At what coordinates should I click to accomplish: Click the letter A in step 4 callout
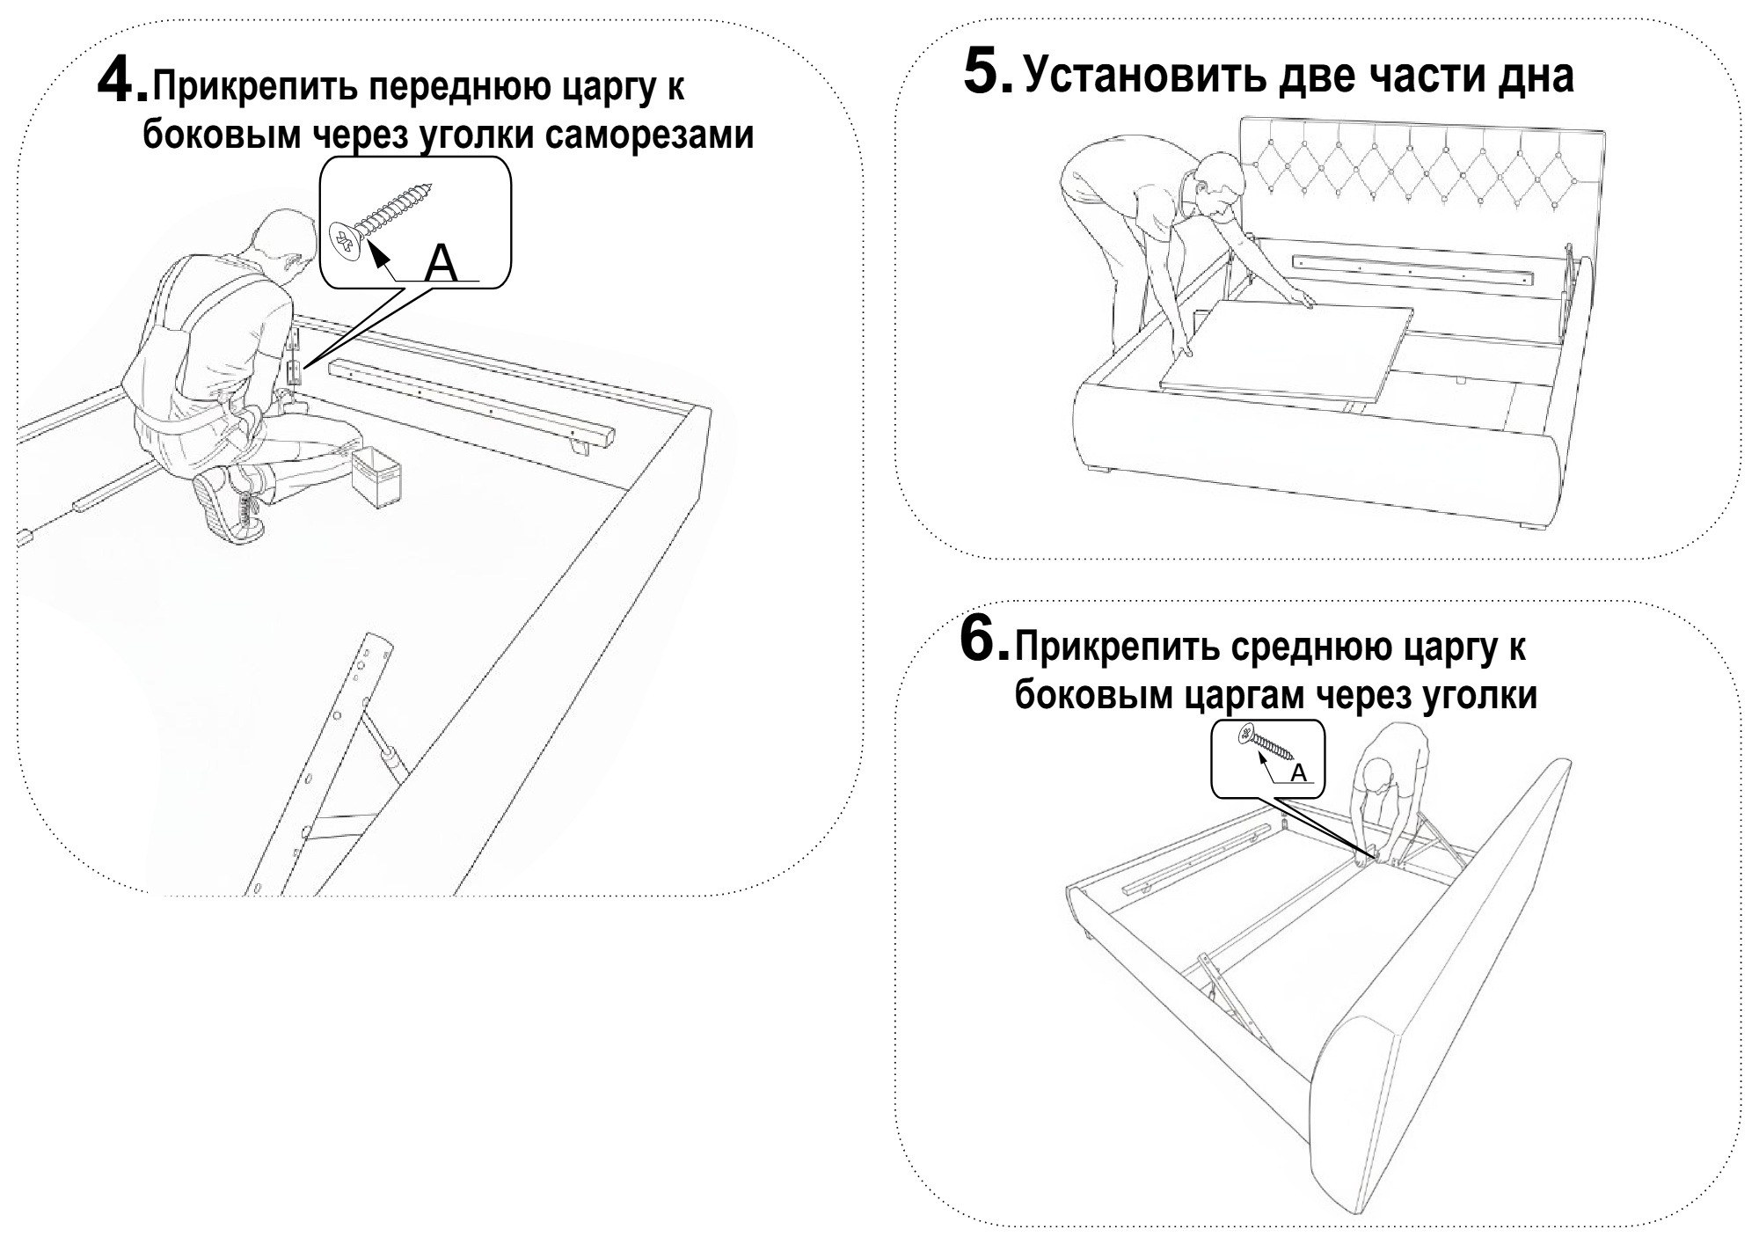[441, 263]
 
